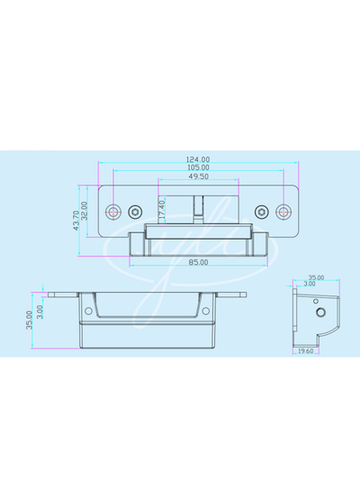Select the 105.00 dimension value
[x=199, y=168]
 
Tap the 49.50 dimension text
[x=199, y=177]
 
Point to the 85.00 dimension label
[x=198, y=262]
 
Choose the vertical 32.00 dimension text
[x=86, y=212]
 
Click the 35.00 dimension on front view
[x=30, y=321]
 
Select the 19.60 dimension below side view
[x=306, y=351]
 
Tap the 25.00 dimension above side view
[x=316, y=277]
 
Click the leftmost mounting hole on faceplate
[x=113, y=212]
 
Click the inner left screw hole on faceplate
[x=135, y=212]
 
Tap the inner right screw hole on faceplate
[x=262, y=212]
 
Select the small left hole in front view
[x=87, y=312]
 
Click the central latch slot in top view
[x=199, y=209]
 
